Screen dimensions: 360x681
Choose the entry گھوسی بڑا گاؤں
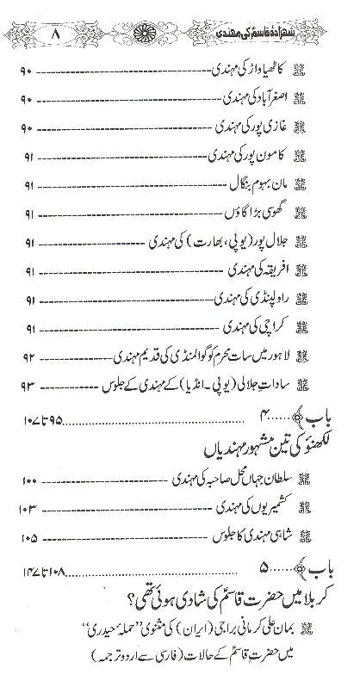pyautogui.click(x=259, y=209)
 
